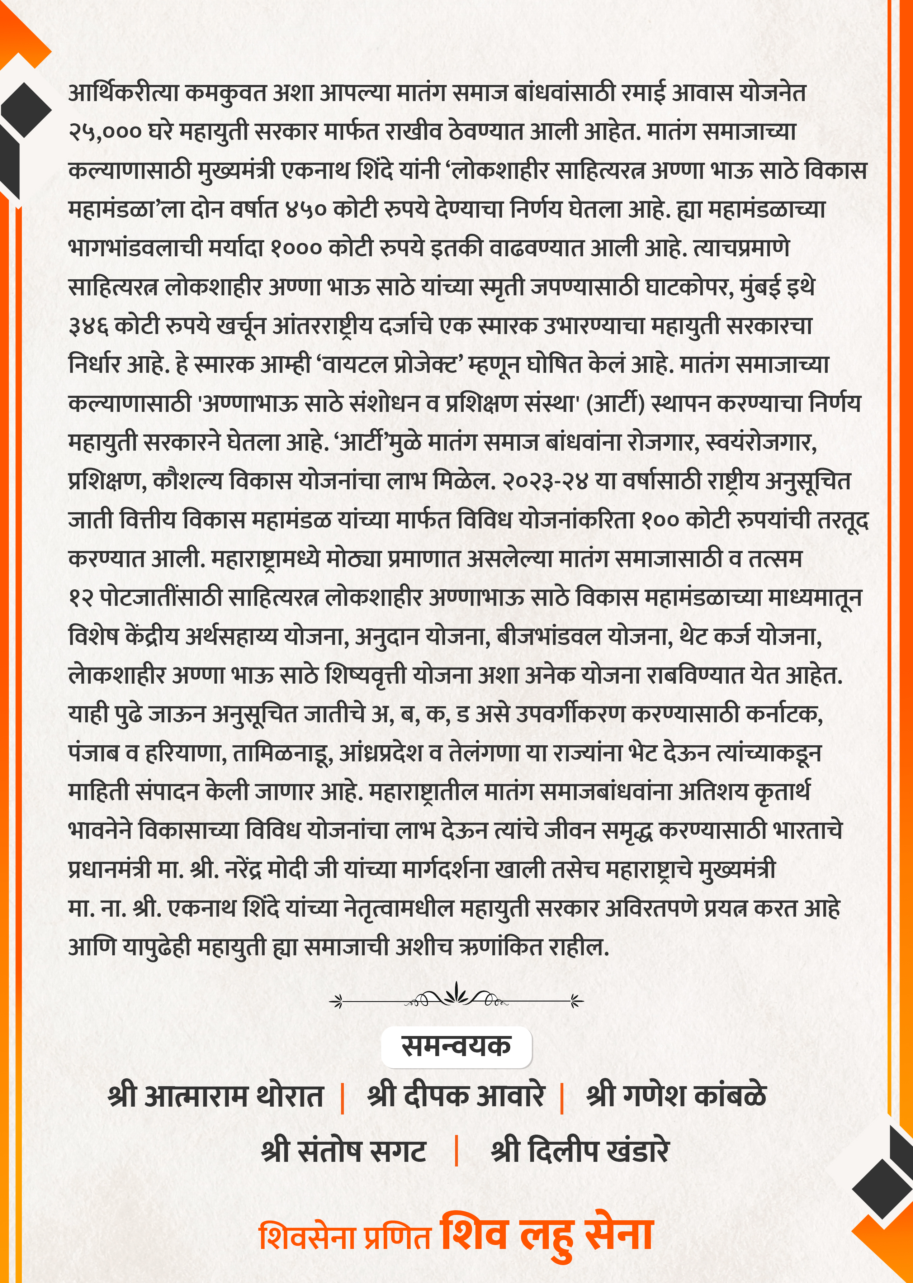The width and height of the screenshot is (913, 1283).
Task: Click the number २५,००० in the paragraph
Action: click(x=105, y=132)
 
